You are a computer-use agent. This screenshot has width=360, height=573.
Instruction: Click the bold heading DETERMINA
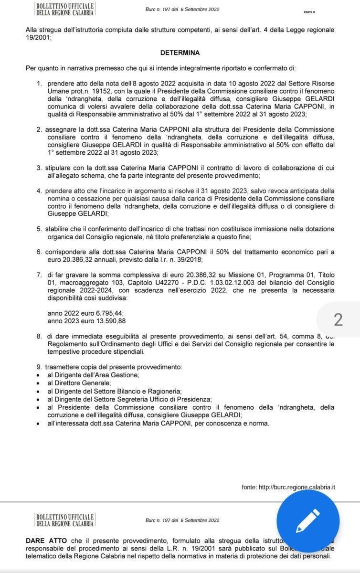(180, 53)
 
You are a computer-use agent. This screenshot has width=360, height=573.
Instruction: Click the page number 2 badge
(338, 319)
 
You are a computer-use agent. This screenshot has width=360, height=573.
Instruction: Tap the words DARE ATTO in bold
(46, 540)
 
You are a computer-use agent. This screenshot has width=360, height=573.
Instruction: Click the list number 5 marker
(39, 229)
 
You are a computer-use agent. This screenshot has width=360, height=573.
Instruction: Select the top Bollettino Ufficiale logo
(64, 9)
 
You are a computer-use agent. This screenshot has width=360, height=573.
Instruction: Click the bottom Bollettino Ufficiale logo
(64, 520)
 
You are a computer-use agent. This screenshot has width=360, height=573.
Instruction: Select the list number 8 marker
(39, 337)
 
